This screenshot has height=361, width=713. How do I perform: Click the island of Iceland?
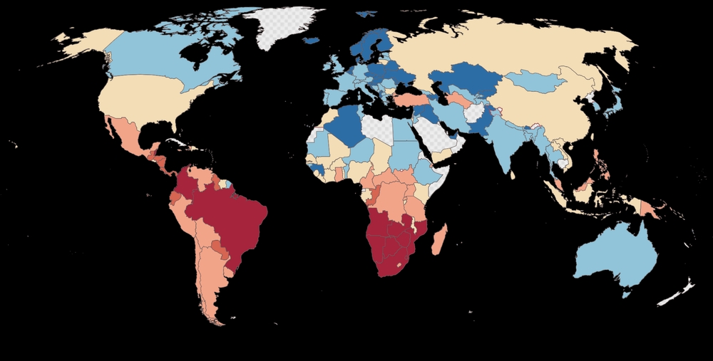tap(311, 41)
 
